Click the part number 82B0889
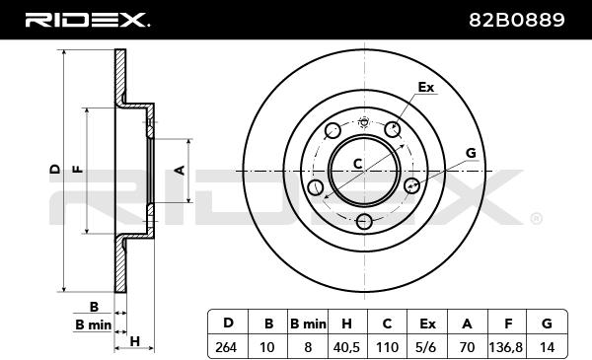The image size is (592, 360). [516, 20]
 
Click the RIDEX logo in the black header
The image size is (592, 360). [87, 20]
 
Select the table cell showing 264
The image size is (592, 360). [226, 347]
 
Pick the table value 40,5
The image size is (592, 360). [346, 347]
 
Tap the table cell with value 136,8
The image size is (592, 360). [506, 347]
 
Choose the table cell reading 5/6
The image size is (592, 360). [426, 347]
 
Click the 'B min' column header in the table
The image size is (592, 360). [308, 324]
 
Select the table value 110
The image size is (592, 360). [388, 347]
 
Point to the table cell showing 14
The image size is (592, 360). [547, 347]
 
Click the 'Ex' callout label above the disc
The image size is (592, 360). [426, 87]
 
